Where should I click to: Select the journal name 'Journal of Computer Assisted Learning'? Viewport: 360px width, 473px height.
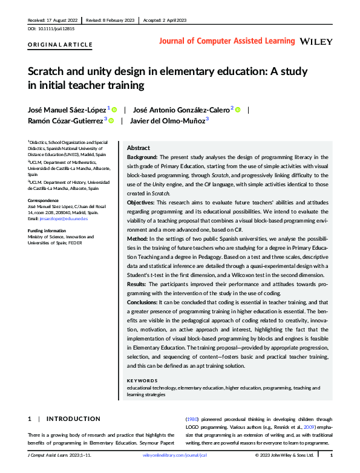[x=227, y=41]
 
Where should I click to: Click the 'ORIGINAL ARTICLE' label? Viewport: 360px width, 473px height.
[x=61, y=45]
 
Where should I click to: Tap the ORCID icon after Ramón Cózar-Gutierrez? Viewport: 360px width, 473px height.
[x=111, y=120]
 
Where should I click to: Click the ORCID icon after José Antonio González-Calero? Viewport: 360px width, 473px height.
[x=238, y=109]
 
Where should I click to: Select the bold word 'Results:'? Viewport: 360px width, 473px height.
[x=139, y=284]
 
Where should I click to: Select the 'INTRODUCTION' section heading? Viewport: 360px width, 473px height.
[x=73, y=419]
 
